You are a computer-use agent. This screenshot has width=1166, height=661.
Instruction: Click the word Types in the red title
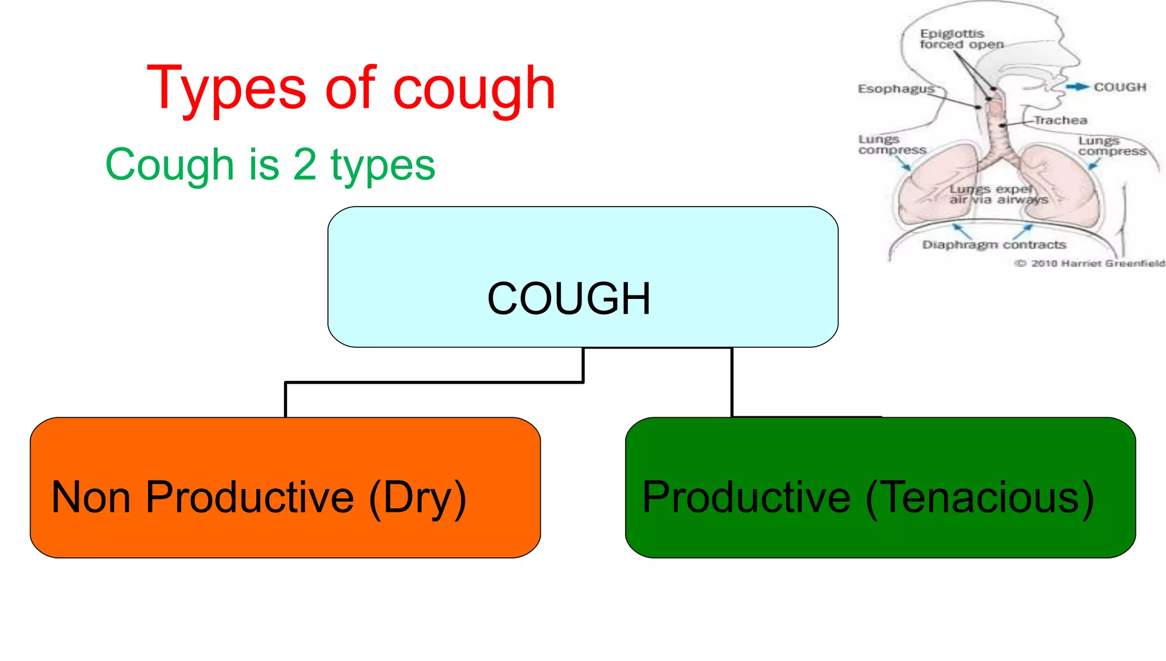point(227,88)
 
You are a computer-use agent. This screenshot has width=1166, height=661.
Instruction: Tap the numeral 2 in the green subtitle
point(305,165)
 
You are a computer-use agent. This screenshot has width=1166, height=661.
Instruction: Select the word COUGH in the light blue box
point(569,298)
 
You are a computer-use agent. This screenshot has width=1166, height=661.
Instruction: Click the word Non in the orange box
point(91,497)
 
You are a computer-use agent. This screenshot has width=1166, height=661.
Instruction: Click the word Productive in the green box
point(746,497)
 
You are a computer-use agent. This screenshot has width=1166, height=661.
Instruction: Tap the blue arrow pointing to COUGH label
point(1077,87)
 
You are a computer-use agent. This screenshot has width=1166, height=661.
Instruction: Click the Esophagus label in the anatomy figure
point(896,89)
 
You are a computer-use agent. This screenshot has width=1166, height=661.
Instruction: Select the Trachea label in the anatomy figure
point(1061,120)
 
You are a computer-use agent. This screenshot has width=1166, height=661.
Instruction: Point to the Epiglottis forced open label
point(961,39)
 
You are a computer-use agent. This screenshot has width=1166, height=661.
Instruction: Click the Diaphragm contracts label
point(994,245)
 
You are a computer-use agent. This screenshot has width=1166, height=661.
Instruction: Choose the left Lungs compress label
point(892,145)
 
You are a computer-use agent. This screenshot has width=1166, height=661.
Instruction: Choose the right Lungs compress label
point(1112,146)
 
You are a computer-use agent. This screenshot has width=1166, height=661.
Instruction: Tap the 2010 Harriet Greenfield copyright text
point(1090,263)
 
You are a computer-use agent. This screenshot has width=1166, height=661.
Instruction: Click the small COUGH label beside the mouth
point(1120,87)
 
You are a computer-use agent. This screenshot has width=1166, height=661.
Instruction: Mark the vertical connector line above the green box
point(732,381)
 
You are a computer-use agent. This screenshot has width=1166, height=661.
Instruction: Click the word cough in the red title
point(474,88)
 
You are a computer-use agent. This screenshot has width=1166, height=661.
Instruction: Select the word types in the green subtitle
point(383,165)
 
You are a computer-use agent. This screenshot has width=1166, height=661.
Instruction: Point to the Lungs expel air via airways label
point(998,194)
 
